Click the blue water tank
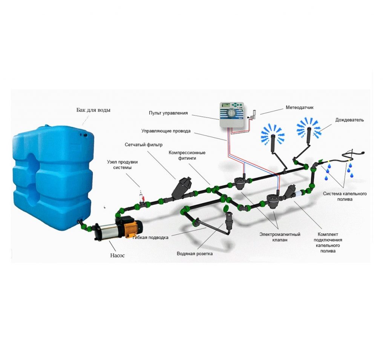(x=53, y=177)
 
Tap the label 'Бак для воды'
(x=93, y=110)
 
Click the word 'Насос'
(x=118, y=255)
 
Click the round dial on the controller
(x=232, y=113)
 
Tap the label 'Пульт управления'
(x=168, y=113)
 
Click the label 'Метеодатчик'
(x=300, y=107)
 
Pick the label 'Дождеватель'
(x=349, y=120)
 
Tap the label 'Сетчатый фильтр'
(x=144, y=144)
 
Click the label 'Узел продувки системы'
(x=123, y=165)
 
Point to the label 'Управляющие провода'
(x=166, y=131)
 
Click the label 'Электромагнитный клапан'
(x=280, y=237)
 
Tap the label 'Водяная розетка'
(x=195, y=254)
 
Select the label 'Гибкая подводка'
(x=150, y=237)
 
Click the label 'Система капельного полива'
(x=345, y=196)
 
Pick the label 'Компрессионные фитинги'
(x=187, y=155)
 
